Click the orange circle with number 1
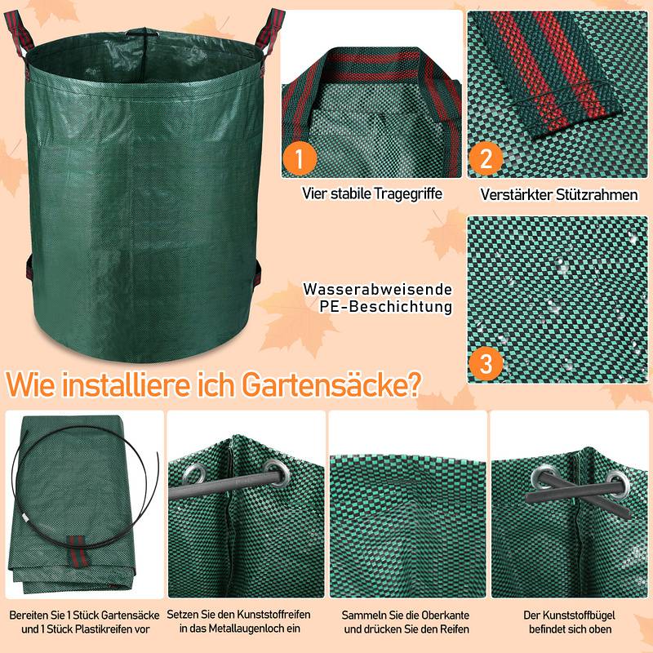(299, 158)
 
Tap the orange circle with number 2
(486, 158)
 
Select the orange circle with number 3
(486, 362)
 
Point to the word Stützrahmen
(597, 195)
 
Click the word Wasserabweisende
(377, 290)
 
